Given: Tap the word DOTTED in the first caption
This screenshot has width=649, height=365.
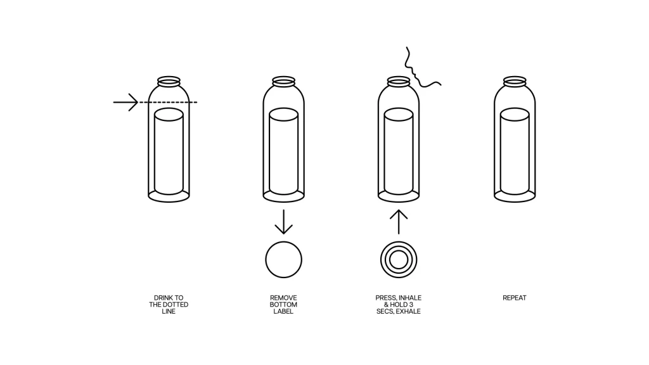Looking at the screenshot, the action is (x=176, y=305).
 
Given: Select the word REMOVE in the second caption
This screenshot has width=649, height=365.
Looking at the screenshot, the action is (x=283, y=298).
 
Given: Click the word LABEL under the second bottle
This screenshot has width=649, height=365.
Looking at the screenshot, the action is (x=283, y=311).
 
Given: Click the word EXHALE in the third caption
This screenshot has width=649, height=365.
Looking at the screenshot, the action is (x=408, y=311).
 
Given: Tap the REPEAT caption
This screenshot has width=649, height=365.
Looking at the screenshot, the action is (x=515, y=298).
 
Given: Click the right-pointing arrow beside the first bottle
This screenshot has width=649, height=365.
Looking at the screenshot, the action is (x=126, y=102).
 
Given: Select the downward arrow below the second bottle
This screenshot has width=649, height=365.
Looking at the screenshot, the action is (x=283, y=222).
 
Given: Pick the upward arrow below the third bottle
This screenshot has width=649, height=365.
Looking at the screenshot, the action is (x=399, y=222).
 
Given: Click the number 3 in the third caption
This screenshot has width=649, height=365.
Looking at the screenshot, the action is (x=411, y=305).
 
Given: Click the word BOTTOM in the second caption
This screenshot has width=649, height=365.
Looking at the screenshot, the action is (x=283, y=305).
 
